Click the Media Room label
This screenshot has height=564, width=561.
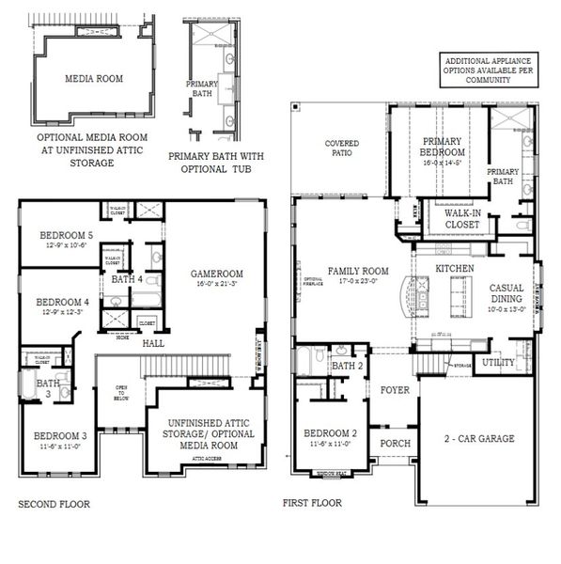click(93, 79)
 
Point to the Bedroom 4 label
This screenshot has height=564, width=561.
click(63, 302)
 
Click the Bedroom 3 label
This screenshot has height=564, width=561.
click(60, 436)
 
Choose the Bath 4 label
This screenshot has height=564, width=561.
click(126, 279)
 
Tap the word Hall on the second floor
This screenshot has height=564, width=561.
click(154, 345)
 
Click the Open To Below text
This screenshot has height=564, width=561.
click(120, 392)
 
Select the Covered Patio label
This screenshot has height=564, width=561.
click(341, 149)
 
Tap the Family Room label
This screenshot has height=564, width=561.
click(358, 271)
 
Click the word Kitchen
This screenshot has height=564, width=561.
click(455, 269)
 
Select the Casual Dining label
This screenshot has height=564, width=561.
click(506, 293)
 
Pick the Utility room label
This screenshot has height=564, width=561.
click(497, 363)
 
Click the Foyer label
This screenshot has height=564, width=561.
click(395, 389)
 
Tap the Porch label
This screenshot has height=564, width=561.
click(395, 442)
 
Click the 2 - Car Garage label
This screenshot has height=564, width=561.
click(479, 439)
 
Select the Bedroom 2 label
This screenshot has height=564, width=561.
click(330, 433)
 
